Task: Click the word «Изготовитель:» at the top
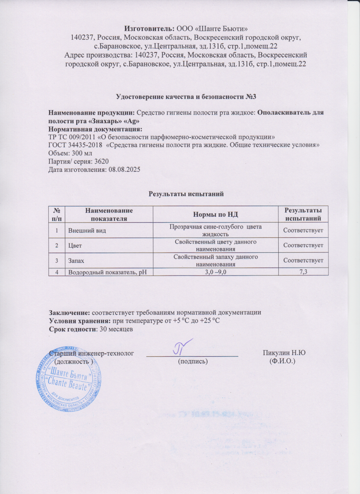pos(144,29)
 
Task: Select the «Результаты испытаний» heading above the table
pos(185,194)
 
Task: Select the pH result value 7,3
pos(303,271)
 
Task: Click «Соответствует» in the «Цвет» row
pos(303,245)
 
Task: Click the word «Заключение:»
pos(69,312)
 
